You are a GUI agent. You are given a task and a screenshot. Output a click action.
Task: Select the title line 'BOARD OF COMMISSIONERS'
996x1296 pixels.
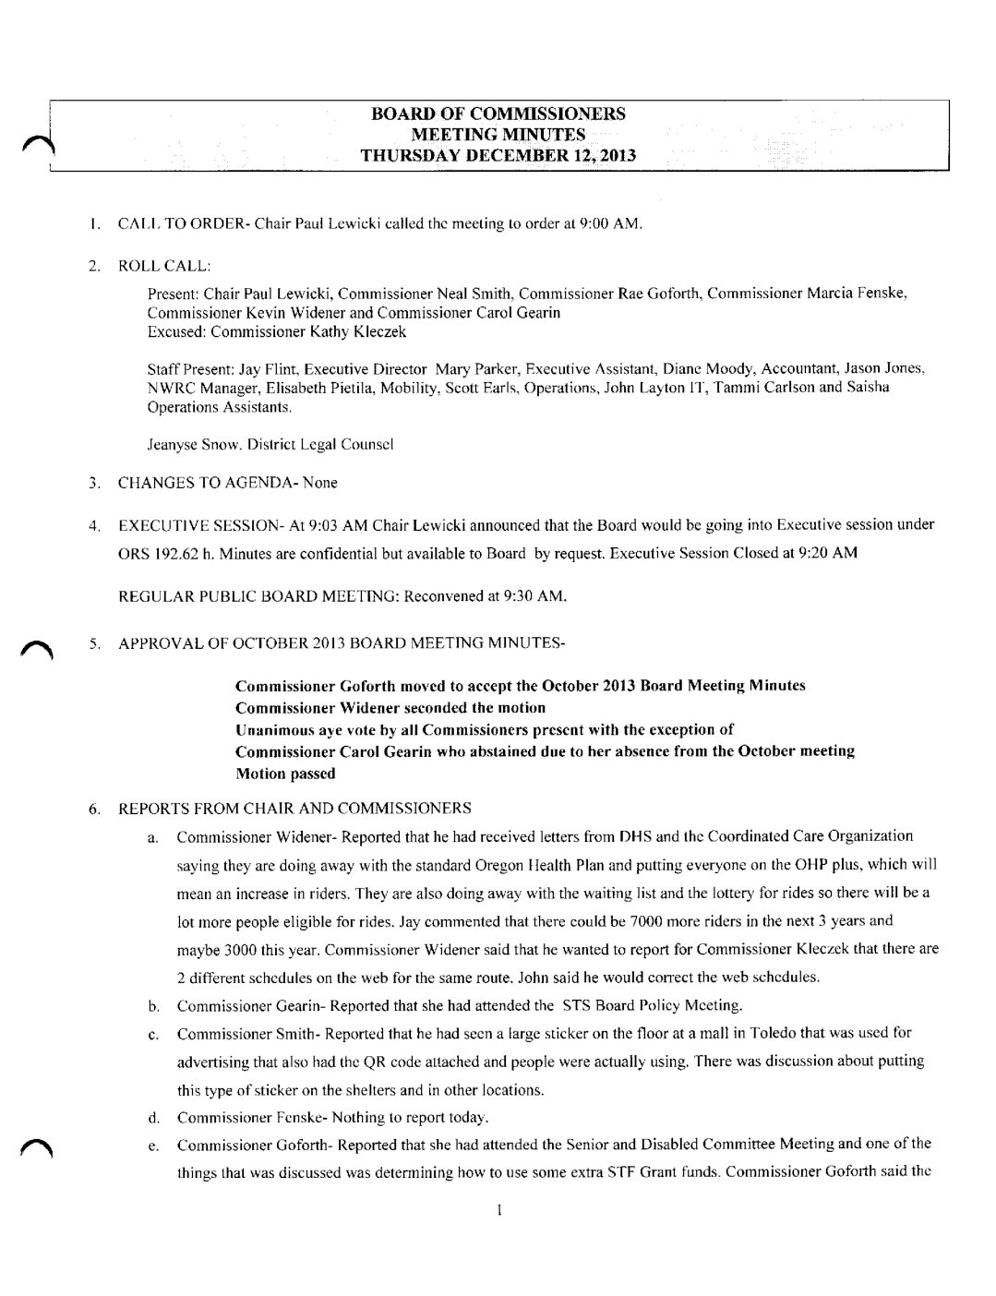click(498, 114)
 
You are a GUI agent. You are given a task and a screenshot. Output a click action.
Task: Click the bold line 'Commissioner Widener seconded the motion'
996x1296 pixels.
click(390, 708)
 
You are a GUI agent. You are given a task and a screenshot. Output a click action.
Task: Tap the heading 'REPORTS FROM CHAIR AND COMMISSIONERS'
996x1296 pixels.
click(294, 809)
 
